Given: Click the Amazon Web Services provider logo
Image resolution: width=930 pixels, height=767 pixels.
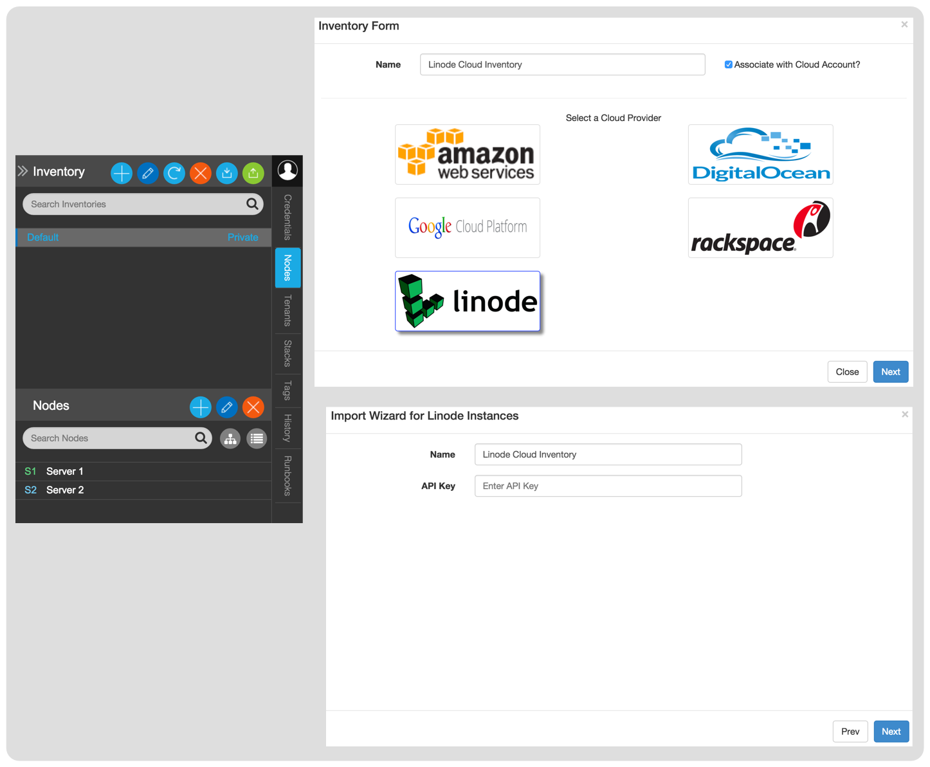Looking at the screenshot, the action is [x=467, y=154].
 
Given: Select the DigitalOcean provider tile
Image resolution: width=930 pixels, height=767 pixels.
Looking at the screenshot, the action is [x=760, y=154].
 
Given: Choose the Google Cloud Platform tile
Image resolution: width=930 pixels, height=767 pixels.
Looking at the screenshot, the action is [x=467, y=227].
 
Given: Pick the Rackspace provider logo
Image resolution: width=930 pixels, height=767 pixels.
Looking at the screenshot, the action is [x=760, y=227].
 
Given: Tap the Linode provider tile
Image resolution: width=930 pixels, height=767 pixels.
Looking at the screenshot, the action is [x=467, y=301].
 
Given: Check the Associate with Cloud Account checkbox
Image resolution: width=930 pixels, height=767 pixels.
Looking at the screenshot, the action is [x=728, y=64].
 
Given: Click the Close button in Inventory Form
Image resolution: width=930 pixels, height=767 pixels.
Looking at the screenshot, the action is [x=846, y=372].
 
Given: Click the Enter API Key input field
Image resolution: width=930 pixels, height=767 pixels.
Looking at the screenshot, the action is [x=608, y=486].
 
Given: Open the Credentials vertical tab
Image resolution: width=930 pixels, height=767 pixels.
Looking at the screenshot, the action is [x=287, y=217].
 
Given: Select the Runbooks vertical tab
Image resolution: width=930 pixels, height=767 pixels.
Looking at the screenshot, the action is [x=287, y=476].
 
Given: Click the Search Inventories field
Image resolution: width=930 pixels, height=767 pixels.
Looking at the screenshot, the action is [x=143, y=204].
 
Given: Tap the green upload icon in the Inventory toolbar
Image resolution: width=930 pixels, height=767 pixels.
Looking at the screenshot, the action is [x=253, y=173].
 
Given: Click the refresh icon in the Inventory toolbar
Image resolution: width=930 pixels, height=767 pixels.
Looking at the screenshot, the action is [x=174, y=173].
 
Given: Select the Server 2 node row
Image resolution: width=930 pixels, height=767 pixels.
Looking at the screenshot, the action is [x=143, y=490].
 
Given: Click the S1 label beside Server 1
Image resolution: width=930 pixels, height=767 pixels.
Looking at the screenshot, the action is [x=30, y=471].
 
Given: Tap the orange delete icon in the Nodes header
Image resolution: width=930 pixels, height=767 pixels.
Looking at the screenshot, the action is [x=253, y=407].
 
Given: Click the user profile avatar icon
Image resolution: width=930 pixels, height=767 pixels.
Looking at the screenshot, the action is [x=287, y=170].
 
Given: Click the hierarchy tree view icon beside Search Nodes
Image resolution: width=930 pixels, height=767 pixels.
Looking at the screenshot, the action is [x=230, y=439].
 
